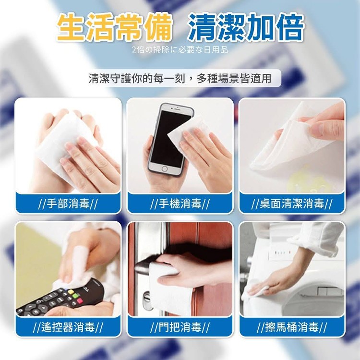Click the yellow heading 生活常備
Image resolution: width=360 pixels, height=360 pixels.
coord(115,27)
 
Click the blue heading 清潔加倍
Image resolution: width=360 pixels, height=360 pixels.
coord(246,27)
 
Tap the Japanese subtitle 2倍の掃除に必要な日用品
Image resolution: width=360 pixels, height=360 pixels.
coord(180,50)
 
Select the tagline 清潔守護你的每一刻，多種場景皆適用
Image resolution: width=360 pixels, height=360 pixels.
coord(180,79)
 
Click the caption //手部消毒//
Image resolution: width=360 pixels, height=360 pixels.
coord(68,204)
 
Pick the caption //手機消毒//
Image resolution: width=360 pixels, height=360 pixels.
coord(180,204)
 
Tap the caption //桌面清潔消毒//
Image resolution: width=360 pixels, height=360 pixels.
coord(291,204)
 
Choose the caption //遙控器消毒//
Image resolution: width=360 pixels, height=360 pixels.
coord(68,327)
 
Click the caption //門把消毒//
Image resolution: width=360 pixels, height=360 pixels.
coord(180,327)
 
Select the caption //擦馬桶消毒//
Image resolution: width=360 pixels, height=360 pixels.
coord(291,327)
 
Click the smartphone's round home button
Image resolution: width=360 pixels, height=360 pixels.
coord(164,169)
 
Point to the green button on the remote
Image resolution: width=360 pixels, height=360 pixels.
coord(75,296)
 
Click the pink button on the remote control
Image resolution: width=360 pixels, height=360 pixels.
coord(79,300)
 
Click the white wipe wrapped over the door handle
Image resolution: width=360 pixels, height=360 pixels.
coord(170,289)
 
